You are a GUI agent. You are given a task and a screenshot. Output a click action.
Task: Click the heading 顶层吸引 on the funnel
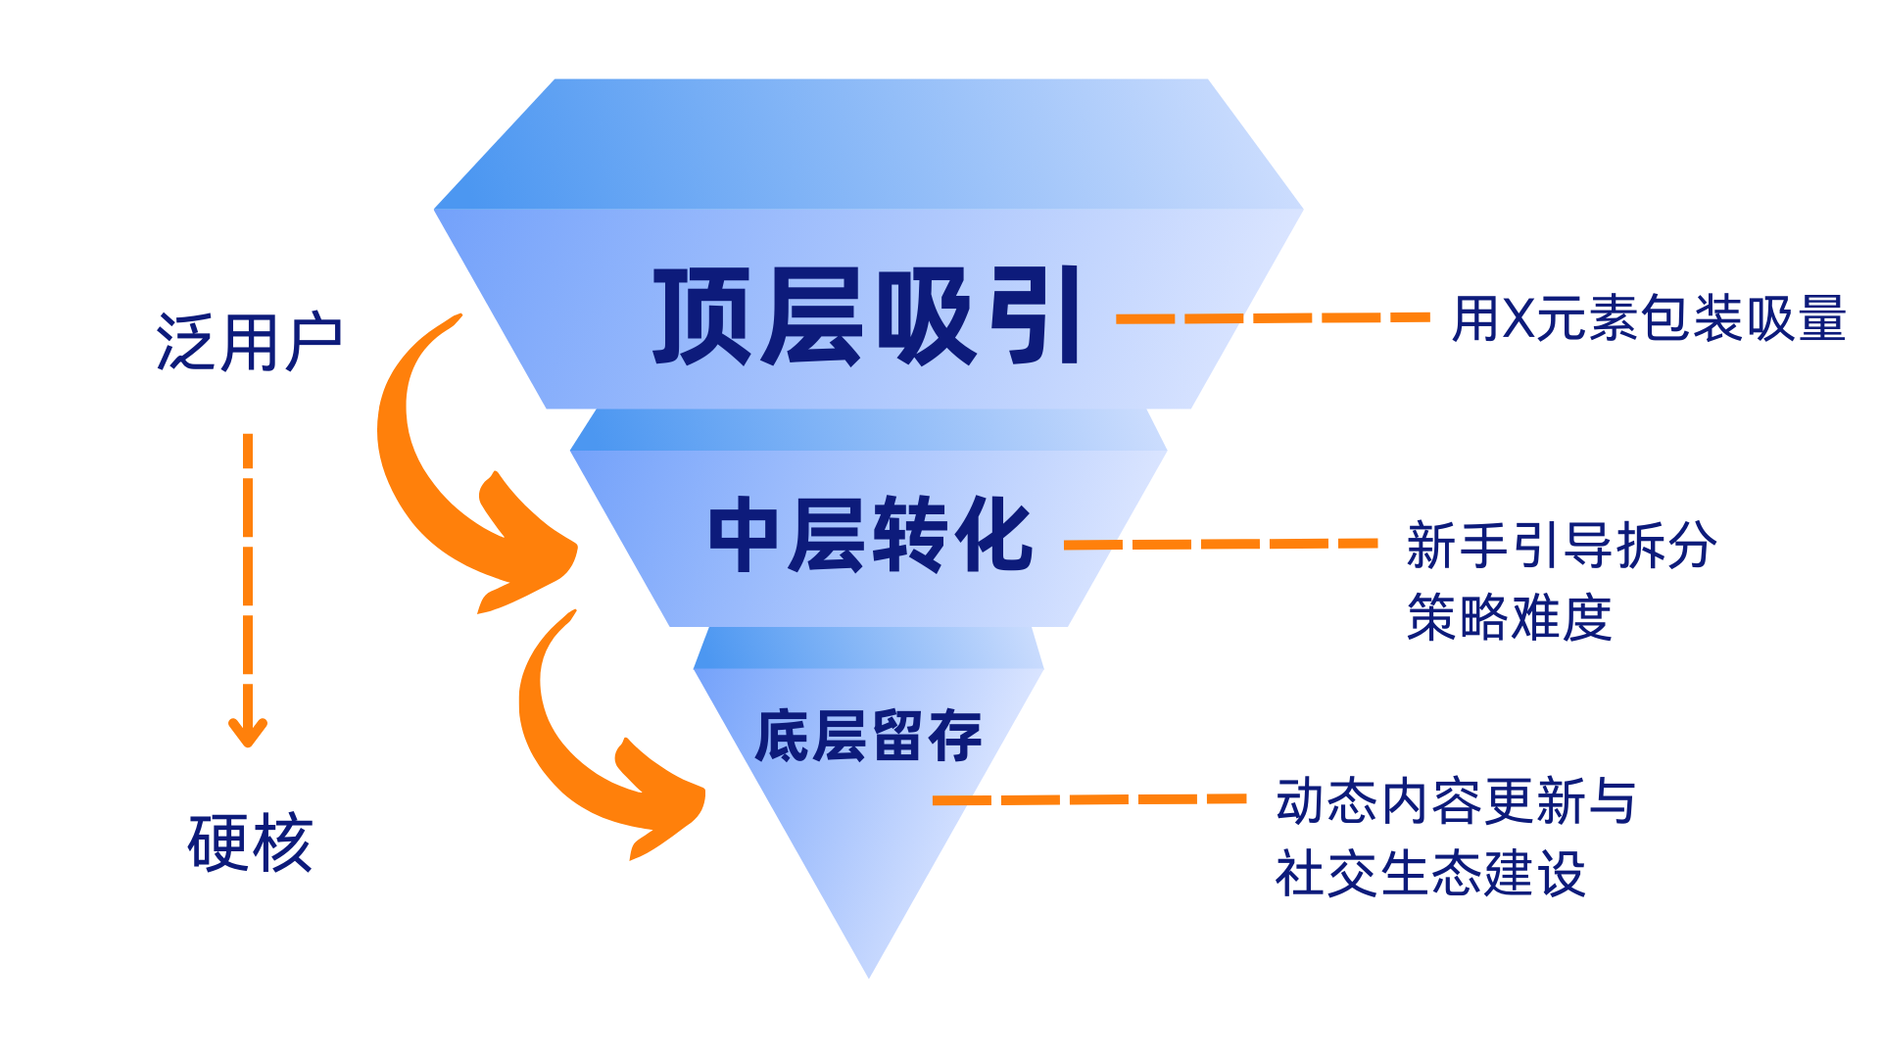click(867, 316)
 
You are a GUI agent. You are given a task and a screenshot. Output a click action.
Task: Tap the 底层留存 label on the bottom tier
click(868, 736)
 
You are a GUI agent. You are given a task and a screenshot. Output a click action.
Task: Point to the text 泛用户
click(249, 343)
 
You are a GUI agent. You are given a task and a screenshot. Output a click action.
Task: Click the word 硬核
click(250, 842)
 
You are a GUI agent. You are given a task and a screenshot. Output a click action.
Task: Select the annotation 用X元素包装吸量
click(1649, 318)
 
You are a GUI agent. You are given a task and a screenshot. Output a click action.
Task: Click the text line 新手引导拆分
click(1561, 545)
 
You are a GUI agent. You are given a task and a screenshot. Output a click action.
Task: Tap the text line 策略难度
click(1509, 617)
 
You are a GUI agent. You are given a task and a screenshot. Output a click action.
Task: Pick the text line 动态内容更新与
click(1456, 801)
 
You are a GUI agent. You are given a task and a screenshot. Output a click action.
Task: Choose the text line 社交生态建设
click(1430, 873)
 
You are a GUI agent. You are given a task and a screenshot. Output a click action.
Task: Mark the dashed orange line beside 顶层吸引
click(1273, 317)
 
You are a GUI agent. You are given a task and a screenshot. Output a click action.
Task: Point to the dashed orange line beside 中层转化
click(1221, 544)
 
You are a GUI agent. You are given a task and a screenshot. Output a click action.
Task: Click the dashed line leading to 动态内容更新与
click(1088, 799)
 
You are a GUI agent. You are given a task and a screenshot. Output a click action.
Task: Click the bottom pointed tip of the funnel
click(869, 973)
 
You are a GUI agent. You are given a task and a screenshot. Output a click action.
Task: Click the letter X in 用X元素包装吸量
click(1519, 318)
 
